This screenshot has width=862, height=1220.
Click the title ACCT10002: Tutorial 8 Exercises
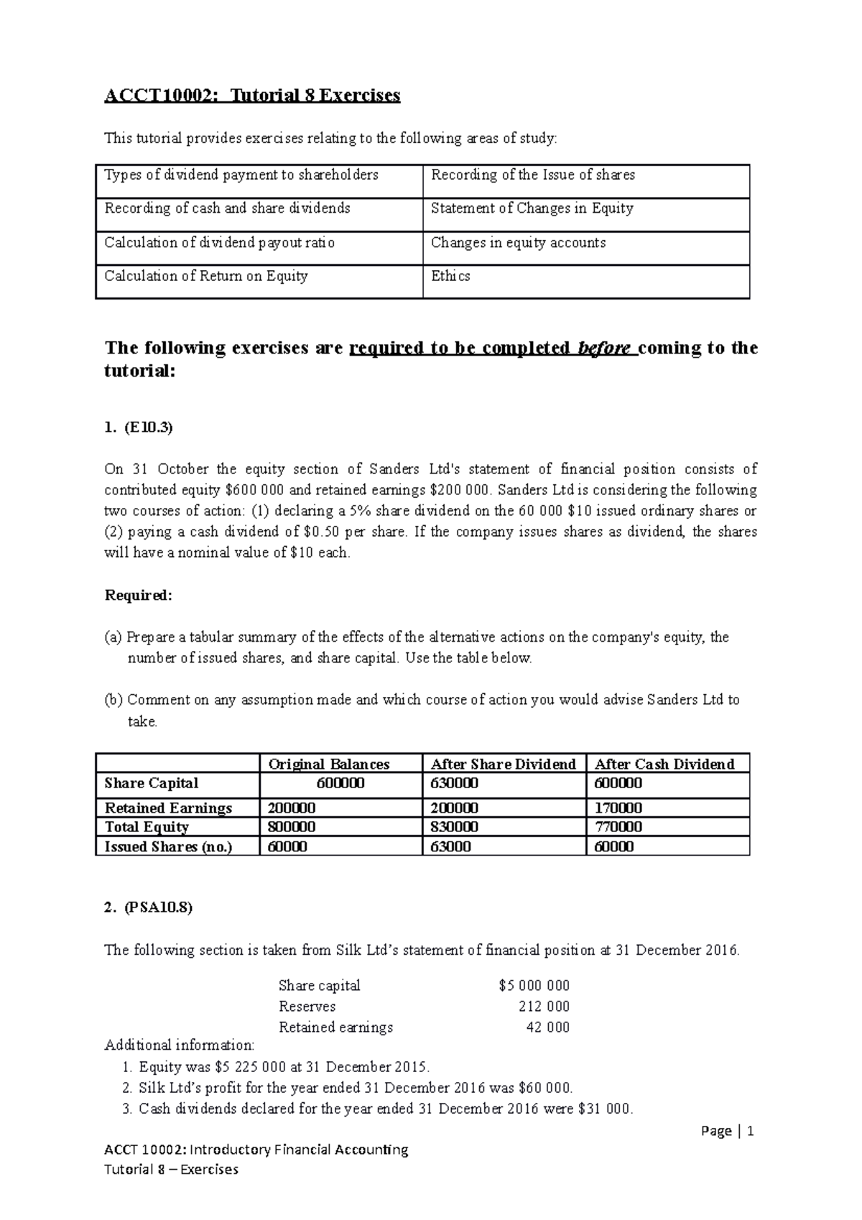coord(252,96)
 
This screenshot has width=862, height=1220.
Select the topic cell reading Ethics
coord(450,276)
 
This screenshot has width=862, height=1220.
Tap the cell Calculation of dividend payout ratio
coord(220,243)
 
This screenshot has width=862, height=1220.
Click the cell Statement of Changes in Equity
coord(532,208)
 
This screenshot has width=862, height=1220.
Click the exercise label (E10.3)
coord(149,428)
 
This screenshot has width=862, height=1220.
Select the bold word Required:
coord(139,595)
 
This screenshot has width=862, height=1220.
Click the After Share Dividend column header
coord(503,764)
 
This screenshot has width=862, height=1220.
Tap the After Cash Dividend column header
coord(664,764)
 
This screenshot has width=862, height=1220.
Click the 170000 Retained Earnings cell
coord(618,808)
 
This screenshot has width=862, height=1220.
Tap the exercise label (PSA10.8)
coord(158,907)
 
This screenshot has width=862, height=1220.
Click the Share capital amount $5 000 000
coord(534,986)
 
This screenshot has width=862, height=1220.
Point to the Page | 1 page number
coord(728,1132)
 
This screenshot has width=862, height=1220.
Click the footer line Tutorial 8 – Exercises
coord(171,1169)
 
